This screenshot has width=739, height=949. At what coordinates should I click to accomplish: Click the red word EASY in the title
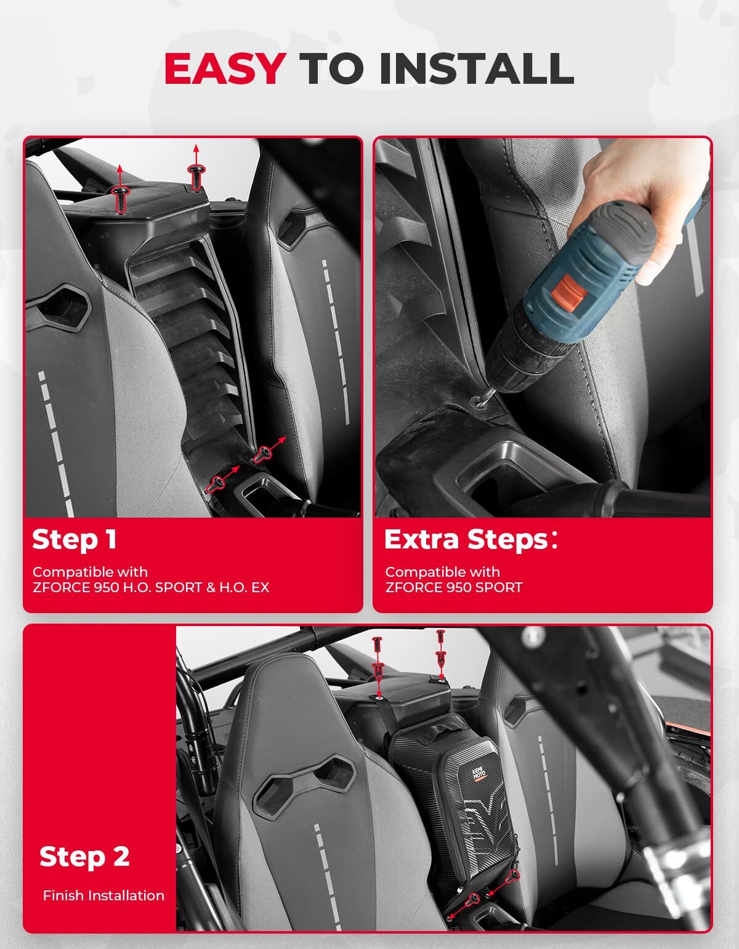[x=225, y=68]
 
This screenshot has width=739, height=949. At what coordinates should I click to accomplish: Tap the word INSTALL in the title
[x=477, y=68]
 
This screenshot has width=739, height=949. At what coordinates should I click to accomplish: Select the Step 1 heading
[x=74, y=540]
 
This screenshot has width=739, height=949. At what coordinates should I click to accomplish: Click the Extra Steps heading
[x=470, y=540]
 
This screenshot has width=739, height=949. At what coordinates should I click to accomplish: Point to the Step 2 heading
[x=84, y=857]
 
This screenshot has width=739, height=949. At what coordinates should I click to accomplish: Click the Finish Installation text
[x=103, y=896]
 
